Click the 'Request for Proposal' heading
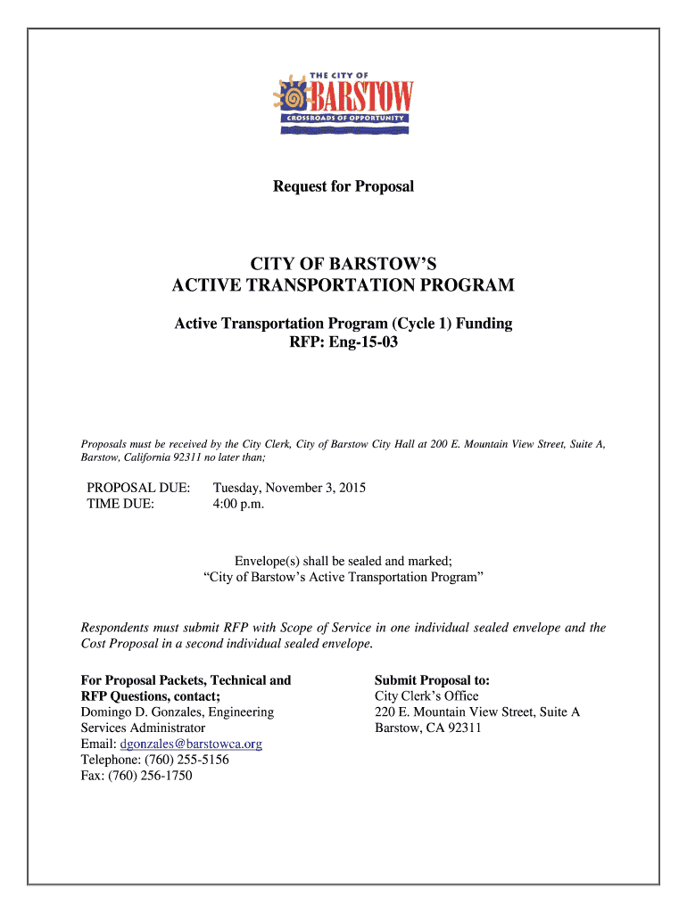[343, 187]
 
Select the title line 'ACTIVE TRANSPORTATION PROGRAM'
[343, 285]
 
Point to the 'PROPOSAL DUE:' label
[138, 489]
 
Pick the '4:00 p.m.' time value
[238, 505]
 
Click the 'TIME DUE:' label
[120, 505]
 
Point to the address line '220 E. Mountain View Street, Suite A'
[477, 712]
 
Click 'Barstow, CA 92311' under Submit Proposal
[427, 728]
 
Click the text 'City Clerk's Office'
[426, 696]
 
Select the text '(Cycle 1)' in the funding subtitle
[418, 324]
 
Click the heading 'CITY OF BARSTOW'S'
[343, 264]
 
